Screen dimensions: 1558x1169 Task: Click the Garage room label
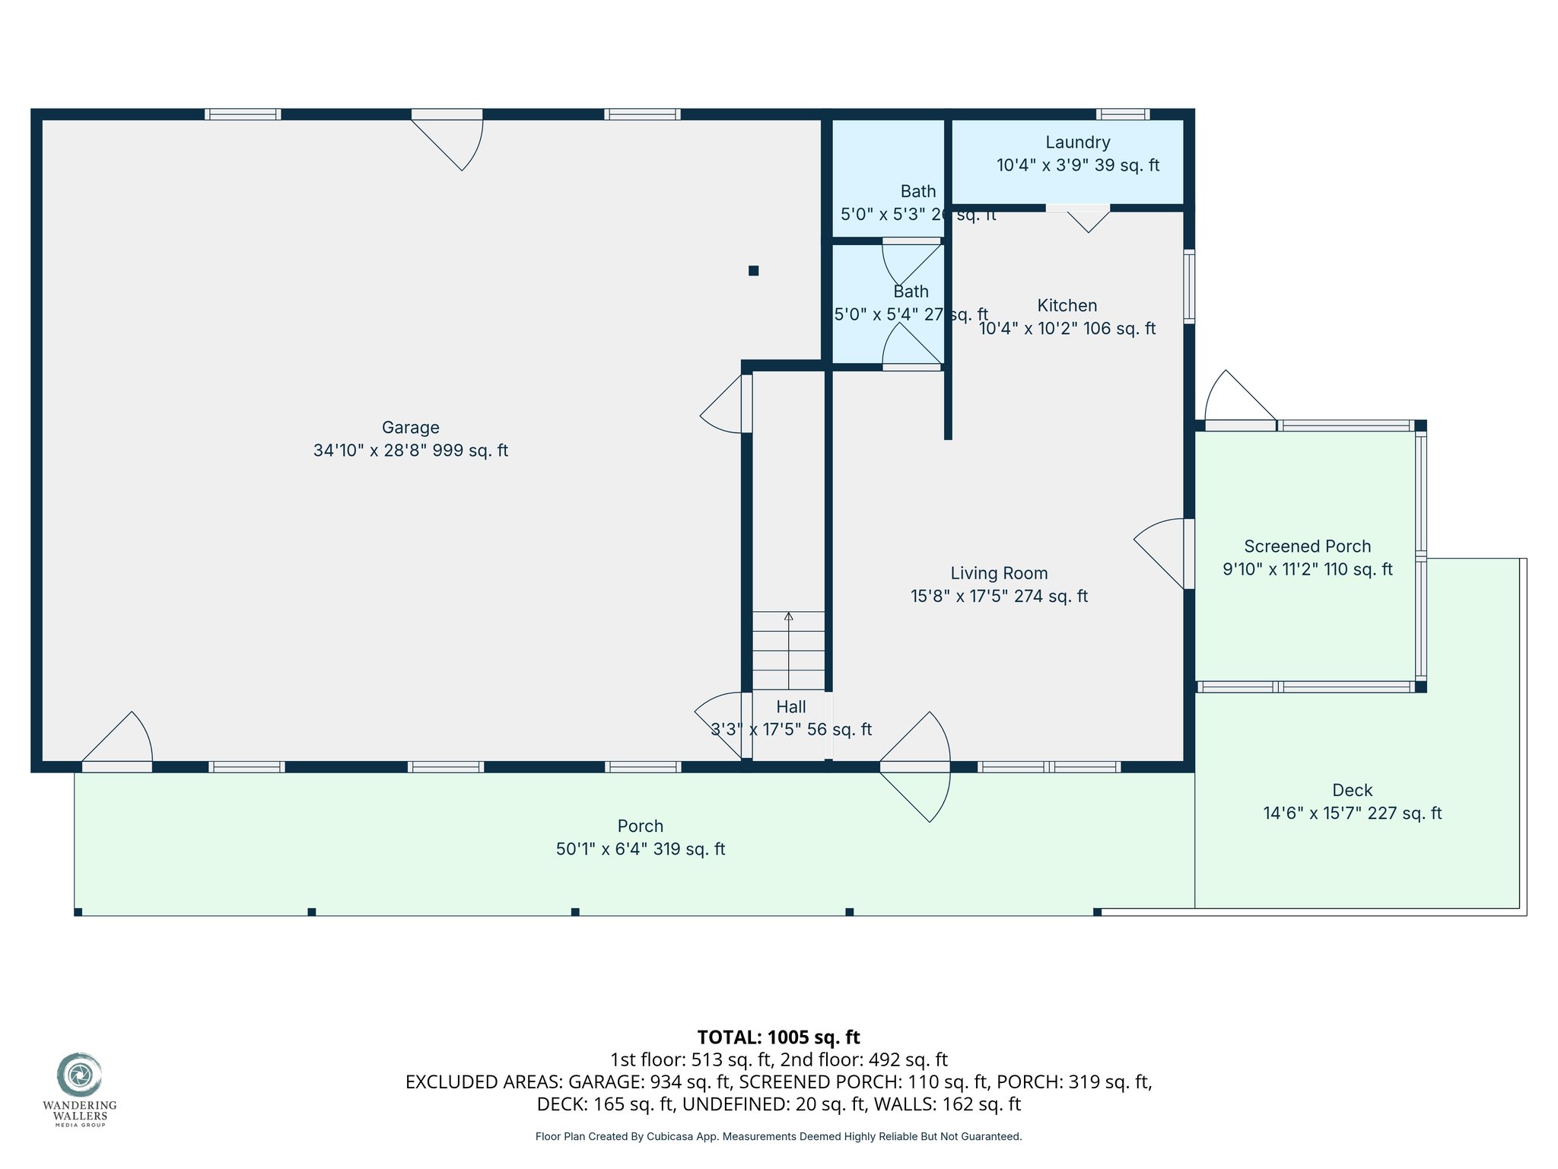click(411, 428)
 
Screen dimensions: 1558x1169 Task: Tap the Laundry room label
click(1077, 142)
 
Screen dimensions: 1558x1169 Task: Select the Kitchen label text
click(1067, 306)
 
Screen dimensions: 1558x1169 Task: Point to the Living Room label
click(999, 574)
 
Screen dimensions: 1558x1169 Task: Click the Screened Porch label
click(1307, 546)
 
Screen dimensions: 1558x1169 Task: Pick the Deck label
click(1352, 791)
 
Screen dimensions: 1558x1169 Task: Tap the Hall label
click(791, 707)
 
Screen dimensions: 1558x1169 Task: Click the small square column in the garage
click(753, 270)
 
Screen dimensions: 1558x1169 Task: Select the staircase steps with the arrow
click(788, 651)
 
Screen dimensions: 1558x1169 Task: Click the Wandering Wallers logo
click(78, 1089)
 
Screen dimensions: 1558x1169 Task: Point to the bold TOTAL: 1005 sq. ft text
click(778, 1037)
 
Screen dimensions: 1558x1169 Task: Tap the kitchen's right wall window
click(1189, 285)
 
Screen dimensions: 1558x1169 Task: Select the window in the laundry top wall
click(1123, 114)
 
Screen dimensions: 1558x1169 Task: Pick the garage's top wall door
click(447, 140)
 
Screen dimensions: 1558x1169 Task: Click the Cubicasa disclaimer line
click(778, 1136)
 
